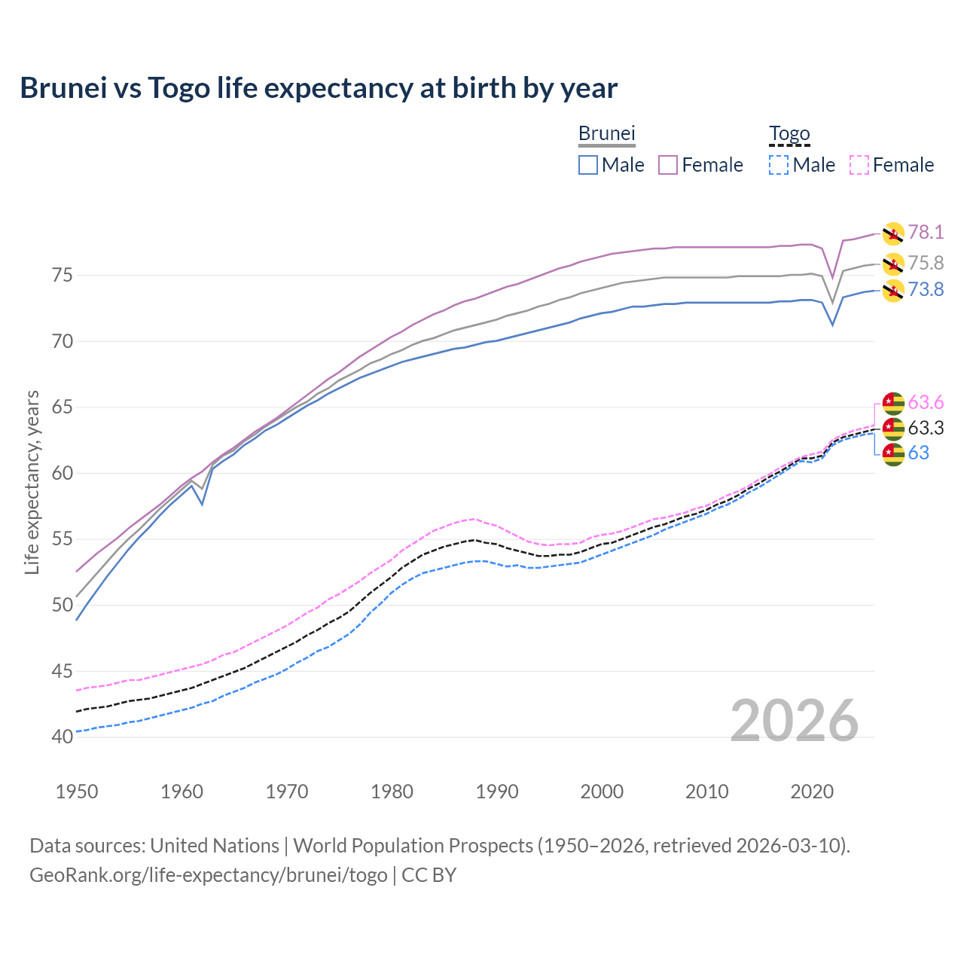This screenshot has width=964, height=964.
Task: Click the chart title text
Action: tap(319, 88)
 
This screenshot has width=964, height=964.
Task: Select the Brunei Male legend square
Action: tap(588, 165)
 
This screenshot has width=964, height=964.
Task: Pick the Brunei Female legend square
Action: tap(669, 165)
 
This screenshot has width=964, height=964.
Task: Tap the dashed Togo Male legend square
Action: tap(779, 165)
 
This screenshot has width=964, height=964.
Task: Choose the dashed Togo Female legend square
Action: tap(859, 165)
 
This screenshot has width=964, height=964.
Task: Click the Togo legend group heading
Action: tap(789, 134)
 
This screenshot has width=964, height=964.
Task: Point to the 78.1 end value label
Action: tap(926, 233)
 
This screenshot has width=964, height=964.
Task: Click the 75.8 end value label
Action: tap(926, 263)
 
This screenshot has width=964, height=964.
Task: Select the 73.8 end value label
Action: tap(926, 290)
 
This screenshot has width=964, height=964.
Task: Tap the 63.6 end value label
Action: tap(926, 403)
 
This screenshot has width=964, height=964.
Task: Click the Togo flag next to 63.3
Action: tap(893, 429)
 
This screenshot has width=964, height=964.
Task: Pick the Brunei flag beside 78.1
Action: tap(893, 233)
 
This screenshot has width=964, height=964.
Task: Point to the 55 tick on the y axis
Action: tap(63, 539)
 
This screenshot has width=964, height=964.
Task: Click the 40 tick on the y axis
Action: tap(63, 737)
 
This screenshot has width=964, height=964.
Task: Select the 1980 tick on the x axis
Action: tap(392, 792)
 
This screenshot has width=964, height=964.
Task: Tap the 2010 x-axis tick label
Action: tap(707, 792)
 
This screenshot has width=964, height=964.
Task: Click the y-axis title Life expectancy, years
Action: tap(32, 482)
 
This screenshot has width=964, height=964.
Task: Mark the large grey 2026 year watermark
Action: tap(795, 721)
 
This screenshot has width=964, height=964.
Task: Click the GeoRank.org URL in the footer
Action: tap(208, 875)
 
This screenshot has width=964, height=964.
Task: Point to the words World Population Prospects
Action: tap(413, 846)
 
